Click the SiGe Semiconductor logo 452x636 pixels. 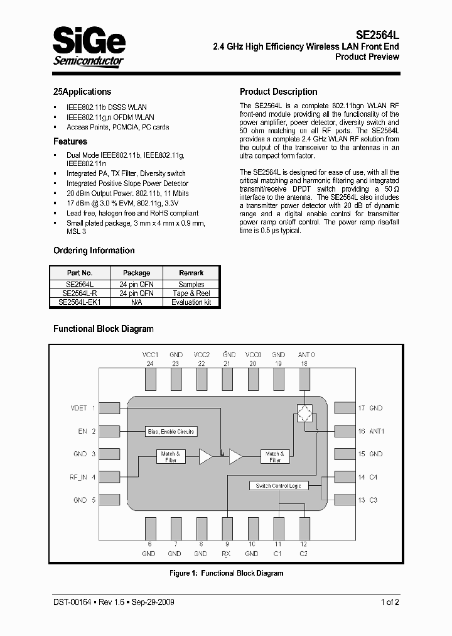click(89, 46)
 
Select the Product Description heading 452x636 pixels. click(278, 92)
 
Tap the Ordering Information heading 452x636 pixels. click(94, 250)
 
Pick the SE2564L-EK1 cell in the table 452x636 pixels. click(80, 302)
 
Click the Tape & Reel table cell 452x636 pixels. click(191, 293)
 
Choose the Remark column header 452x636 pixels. click(191, 273)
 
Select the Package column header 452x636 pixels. click(136, 273)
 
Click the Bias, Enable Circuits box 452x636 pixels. click(171, 431)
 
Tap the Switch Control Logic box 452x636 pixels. click(278, 485)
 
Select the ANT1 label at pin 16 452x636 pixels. click(375, 431)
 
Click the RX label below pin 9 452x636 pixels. click(226, 554)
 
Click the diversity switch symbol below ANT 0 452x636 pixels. click(305, 414)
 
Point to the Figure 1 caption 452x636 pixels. click(226, 573)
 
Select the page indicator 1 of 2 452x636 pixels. click(389, 602)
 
